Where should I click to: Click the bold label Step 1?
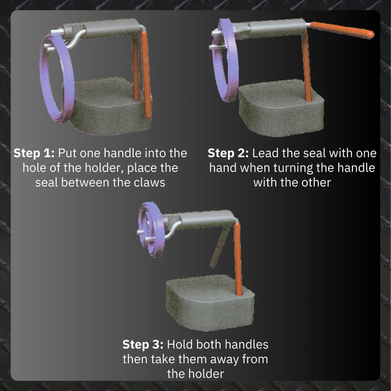tap(34, 153)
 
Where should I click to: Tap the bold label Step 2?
tap(228, 153)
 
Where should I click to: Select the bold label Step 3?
tap(143, 345)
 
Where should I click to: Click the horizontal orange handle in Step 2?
tap(342, 30)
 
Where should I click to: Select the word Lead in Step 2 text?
tap(265, 153)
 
